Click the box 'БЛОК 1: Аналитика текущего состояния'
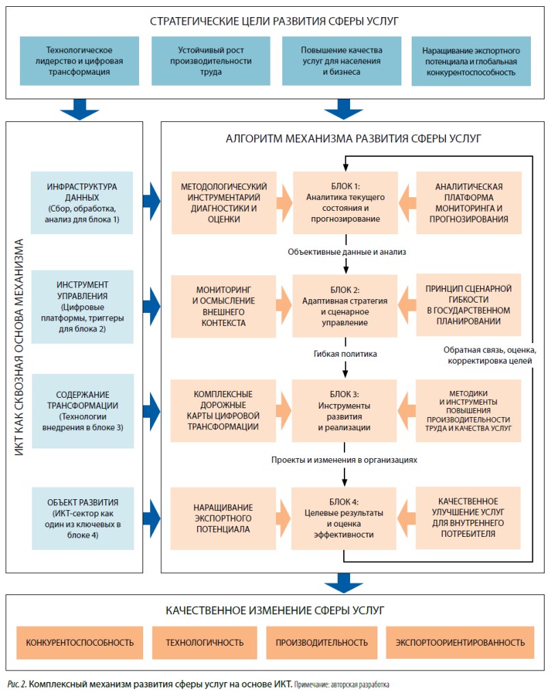pyautogui.click(x=345, y=203)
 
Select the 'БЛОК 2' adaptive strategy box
pyautogui.click(x=345, y=306)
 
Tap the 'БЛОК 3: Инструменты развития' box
pyautogui.click(x=345, y=411)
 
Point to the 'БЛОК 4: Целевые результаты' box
pyautogui.click(x=343, y=518)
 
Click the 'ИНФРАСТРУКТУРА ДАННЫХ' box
pyautogui.click(x=82, y=203)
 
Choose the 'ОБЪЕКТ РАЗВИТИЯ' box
pyautogui.click(x=83, y=518)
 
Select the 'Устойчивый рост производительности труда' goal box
pyautogui.click(x=211, y=61)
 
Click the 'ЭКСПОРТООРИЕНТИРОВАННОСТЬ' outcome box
pyautogui.click(x=460, y=642)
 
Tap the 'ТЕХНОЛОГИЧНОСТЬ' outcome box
pyautogui.click(x=205, y=642)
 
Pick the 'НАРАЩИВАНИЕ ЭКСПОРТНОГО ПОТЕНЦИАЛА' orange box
pyautogui.click(x=223, y=518)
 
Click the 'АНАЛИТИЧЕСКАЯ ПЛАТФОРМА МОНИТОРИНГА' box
pyautogui.click(x=469, y=203)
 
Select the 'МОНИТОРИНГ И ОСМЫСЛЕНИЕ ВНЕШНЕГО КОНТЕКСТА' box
pyautogui.click(x=223, y=306)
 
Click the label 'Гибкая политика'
pyautogui.click(x=345, y=353)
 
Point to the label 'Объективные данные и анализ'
pyautogui.click(x=347, y=252)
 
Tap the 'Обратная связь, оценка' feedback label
pyautogui.click(x=490, y=350)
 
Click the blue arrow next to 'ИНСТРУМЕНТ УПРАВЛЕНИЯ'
pyautogui.click(x=151, y=307)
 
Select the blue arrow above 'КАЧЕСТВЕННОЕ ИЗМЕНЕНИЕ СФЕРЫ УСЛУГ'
pyautogui.click(x=343, y=583)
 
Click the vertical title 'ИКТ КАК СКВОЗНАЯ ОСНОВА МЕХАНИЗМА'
pyautogui.click(x=18, y=347)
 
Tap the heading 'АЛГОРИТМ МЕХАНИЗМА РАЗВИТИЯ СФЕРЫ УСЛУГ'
pyautogui.click(x=353, y=138)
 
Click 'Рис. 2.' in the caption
pyautogui.click(x=17, y=684)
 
